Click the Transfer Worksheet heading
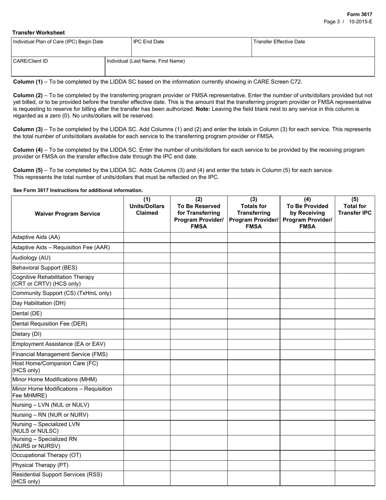point(38,33)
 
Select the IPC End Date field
point(191,48)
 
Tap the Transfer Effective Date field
point(312,48)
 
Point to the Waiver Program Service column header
point(67,214)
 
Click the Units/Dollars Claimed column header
point(147,206)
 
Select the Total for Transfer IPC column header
point(355,206)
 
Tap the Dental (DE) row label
point(27,313)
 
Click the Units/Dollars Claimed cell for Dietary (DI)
point(147,334)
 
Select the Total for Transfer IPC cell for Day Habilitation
point(355,303)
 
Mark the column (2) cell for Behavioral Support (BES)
point(199,268)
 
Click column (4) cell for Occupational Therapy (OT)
point(307,455)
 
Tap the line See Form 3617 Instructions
point(78,190)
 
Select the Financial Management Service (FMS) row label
point(60,354)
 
